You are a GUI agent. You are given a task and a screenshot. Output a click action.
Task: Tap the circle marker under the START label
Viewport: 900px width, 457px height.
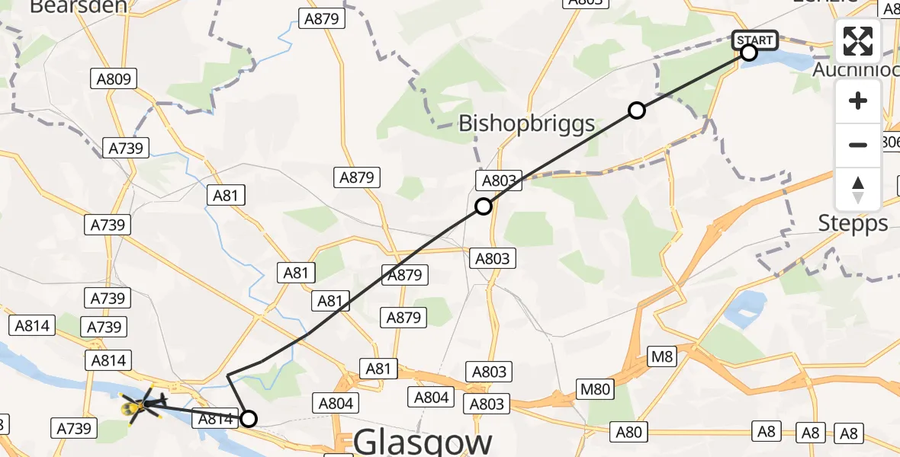pos(749,53)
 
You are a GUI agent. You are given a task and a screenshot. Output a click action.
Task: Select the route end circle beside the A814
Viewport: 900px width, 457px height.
pos(249,418)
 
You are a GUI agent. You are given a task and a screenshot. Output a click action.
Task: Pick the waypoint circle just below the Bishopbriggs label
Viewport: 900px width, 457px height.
pos(483,206)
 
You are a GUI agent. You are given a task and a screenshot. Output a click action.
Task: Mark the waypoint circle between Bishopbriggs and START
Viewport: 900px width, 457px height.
pos(637,110)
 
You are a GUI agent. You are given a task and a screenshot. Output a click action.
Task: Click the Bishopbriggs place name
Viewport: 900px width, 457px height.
pos(526,123)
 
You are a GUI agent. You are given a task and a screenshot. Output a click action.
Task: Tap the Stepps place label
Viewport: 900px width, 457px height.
pos(853,223)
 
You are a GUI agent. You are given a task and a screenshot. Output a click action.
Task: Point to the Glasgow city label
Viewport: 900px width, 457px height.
pos(423,442)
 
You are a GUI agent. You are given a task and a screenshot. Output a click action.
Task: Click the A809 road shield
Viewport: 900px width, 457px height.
pos(114,78)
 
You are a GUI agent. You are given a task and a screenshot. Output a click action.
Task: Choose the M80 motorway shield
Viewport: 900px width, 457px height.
pos(595,390)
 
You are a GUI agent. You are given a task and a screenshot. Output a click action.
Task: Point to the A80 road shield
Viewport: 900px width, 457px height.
pos(628,433)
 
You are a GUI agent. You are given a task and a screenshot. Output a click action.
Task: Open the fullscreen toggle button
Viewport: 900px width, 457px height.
pos(858,41)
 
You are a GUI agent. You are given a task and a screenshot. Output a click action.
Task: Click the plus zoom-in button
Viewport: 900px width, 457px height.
pos(858,101)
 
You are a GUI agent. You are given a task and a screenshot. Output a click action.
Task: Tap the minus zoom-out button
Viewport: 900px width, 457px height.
pos(858,145)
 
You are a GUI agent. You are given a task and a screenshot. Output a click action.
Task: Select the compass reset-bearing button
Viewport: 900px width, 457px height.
pos(858,189)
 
